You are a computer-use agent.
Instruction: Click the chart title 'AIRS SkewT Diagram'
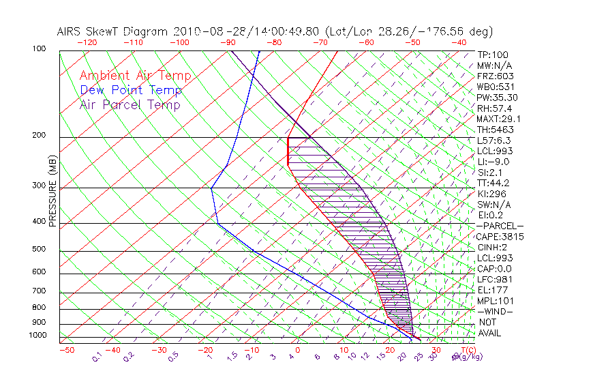pyautogui.click(x=113, y=31)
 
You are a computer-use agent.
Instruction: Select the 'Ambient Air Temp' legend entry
pyautogui.click(x=135, y=76)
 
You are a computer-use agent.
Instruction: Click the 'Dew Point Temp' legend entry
pyautogui.click(x=130, y=90)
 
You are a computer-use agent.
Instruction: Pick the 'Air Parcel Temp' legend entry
pyautogui.click(x=130, y=104)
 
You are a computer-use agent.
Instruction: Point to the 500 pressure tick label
pyautogui.click(x=40, y=250)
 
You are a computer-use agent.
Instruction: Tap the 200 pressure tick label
pyautogui.click(x=40, y=136)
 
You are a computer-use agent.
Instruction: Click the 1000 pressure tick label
pyautogui.click(x=37, y=335)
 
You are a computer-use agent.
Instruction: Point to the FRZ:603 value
pyautogui.click(x=495, y=76)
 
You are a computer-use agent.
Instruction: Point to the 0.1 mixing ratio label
pyautogui.click(x=97, y=357)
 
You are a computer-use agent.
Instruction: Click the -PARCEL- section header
pyautogui.click(x=500, y=226)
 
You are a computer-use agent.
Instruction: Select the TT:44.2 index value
pyautogui.click(x=493, y=183)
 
